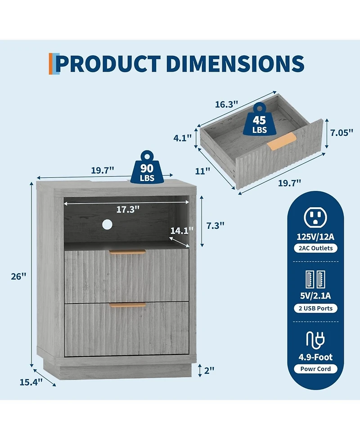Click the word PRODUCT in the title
click(x=108, y=64)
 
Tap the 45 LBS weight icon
click(x=259, y=119)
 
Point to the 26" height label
click(x=18, y=277)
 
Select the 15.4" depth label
click(x=31, y=382)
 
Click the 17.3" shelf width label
click(x=128, y=209)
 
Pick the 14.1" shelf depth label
click(x=182, y=231)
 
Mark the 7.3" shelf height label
click(x=216, y=225)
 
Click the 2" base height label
click(x=209, y=370)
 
